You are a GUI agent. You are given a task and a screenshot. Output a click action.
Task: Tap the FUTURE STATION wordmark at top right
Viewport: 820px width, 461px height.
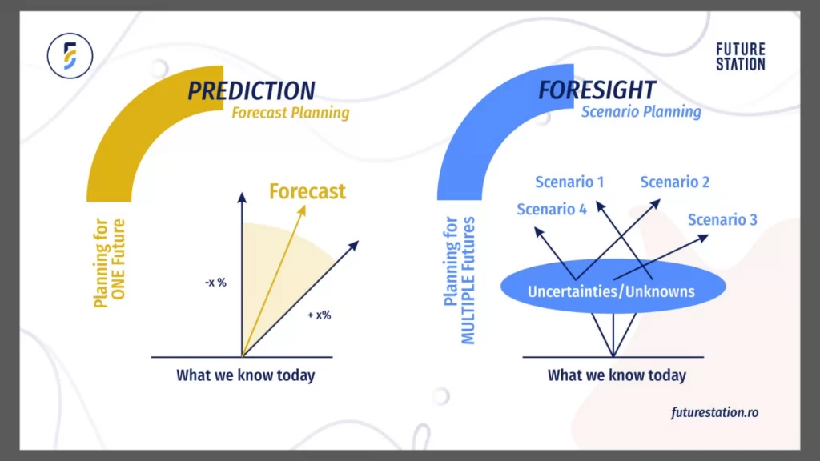(x=740, y=57)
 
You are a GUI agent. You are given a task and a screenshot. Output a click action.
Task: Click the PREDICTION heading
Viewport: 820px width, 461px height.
(x=251, y=90)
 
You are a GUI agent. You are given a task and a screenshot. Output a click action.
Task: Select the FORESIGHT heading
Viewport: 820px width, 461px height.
(x=597, y=90)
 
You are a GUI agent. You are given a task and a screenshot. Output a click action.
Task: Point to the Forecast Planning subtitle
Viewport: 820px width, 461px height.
(x=290, y=113)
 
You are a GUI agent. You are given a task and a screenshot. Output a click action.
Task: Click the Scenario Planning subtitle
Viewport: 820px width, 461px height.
(x=641, y=112)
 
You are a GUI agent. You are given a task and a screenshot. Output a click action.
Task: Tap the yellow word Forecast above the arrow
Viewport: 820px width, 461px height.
(x=307, y=192)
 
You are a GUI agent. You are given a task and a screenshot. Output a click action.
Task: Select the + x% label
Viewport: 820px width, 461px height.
(x=319, y=315)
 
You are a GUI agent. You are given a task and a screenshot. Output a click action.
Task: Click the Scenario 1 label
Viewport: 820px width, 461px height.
(x=569, y=182)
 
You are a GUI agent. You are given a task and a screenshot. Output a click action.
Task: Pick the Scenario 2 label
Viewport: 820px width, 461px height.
(x=674, y=182)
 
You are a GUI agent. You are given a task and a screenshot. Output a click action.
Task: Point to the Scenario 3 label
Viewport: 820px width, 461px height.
(x=722, y=220)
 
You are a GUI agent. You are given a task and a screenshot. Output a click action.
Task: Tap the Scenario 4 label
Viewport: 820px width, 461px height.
(x=552, y=210)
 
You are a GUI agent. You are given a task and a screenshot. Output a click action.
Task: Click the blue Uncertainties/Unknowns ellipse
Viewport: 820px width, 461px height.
(x=612, y=291)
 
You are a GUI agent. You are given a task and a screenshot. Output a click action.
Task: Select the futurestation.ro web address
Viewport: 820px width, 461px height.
(x=715, y=413)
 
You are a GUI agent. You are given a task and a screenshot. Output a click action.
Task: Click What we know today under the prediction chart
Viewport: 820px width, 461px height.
(x=245, y=375)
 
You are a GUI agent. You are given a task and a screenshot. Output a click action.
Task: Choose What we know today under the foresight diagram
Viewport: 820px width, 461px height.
(x=617, y=375)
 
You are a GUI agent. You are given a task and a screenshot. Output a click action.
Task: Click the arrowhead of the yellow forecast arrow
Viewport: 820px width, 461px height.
(x=304, y=209)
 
